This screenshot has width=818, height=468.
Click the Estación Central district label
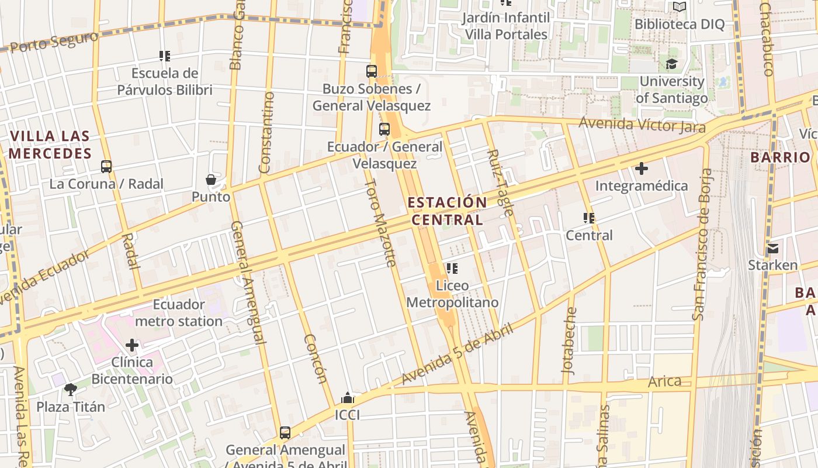click(447, 211)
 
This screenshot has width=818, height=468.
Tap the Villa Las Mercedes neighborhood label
click(50, 145)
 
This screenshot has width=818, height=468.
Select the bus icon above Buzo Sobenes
click(372, 71)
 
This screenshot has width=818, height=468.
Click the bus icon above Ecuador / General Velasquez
click(384, 129)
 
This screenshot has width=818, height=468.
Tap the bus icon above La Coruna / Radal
click(106, 167)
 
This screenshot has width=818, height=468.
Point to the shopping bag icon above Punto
click(211, 180)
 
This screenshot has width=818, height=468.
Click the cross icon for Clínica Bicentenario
click(132, 345)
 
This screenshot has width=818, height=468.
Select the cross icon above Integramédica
click(642, 168)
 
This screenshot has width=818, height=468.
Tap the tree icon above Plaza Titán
click(71, 389)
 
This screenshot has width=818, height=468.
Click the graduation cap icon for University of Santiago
click(671, 64)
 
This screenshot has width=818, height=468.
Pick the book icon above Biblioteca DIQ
click(679, 7)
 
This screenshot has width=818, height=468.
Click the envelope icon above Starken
click(773, 248)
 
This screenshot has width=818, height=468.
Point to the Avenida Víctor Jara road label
click(642, 125)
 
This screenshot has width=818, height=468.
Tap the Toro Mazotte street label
click(381, 222)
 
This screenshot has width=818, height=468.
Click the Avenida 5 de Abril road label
click(457, 355)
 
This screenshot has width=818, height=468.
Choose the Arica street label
click(665, 381)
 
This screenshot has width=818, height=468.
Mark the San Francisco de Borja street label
click(702, 245)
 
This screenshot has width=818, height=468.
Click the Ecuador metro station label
click(179, 313)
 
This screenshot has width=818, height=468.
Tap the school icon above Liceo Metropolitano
click(452, 269)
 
